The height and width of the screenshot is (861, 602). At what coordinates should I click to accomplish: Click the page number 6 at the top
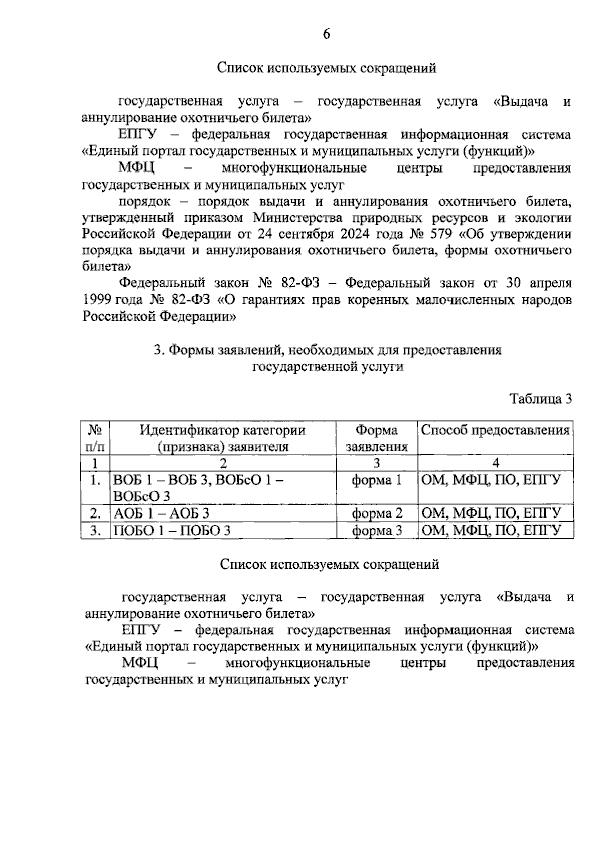[x=326, y=34]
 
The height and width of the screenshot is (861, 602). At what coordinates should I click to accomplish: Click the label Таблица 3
[x=540, y=399]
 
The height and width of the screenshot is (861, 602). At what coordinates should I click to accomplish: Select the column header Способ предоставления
[x=495, y=430]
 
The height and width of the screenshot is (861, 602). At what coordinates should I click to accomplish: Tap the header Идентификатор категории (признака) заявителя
[x=222, y=438]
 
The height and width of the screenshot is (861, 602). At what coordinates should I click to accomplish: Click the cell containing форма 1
[x=376, y=480]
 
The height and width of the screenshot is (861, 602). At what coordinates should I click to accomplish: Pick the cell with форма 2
[x=376, y=513]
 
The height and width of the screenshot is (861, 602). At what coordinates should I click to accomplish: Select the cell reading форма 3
[x=376, y=530]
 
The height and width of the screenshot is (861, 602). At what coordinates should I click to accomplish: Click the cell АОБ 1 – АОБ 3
[x=161, y=513]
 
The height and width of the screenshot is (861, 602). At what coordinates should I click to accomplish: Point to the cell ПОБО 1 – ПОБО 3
[x=172, y=530]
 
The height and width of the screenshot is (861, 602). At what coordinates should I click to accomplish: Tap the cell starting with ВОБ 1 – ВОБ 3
[x=198, y=488]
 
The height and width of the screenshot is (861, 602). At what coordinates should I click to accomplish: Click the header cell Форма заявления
[x=376, y=438]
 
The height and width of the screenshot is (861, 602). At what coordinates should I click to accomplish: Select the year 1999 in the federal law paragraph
[x=97, y=300]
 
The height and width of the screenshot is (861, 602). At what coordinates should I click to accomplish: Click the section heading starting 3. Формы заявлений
[x=327, y=358]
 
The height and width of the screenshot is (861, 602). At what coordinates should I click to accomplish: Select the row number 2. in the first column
[x=95, y=513]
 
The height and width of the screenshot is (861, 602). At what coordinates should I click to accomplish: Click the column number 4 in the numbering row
[x=495, y=463]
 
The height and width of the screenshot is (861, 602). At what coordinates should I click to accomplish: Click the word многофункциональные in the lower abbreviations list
[x=297, y=663]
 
